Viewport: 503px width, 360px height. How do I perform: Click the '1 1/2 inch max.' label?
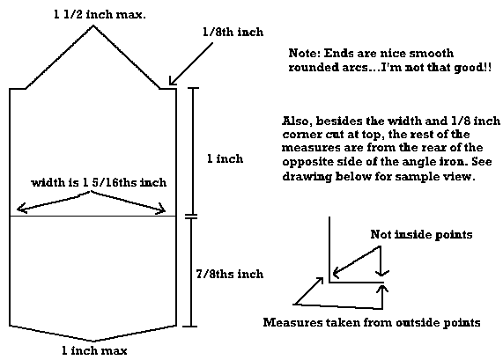pyautogui.click(x=100, y=15)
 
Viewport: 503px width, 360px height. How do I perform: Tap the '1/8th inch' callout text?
pyautogui.click(x=233, y=32)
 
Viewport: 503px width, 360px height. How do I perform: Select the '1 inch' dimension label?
pyautogui.click(x=225, y=158)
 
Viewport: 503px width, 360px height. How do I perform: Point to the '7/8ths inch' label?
pyautogui.click(x=230, y=274)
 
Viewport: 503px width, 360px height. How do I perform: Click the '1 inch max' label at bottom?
pyautogui.click(x=94, y=350)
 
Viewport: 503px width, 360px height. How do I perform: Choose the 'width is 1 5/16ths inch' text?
pyautogui.click(x=99, y=182)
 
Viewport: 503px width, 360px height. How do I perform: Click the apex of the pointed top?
pyautogui.click(x=93, y=26)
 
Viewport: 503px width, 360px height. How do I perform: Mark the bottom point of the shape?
pyautogui.click(x=93, y=342)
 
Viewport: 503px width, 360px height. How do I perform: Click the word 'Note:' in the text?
pyautogui.click(x=305, y=53)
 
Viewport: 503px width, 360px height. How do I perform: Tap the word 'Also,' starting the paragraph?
pyautogui.click(x=297, y=121)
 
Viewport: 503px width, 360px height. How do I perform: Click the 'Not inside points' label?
pyautogui.click(x=421, y=234)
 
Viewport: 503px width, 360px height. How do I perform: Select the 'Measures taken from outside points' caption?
pyautogui.click(x=372, y=322)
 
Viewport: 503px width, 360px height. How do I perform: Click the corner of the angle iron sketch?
pyautogui.click(x=329, y=282)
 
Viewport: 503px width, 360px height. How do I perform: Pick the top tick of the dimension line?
pyautogui.click(x=192, y=88)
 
